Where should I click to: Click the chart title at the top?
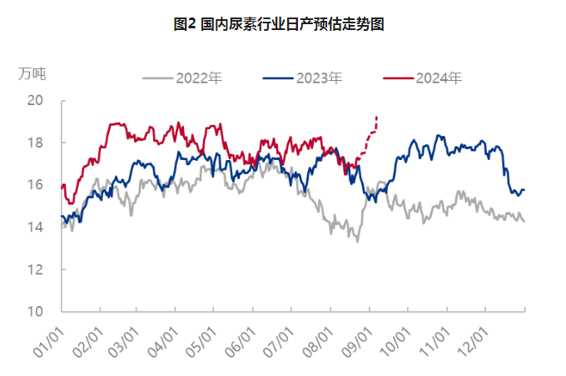(283, 25)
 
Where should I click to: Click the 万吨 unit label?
(32, 73)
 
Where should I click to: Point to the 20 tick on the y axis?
(35, 101)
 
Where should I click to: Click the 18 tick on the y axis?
(35, 143)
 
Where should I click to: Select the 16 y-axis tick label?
(35, 185)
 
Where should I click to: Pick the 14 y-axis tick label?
(35, 228)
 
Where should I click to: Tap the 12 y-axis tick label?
(35, 269)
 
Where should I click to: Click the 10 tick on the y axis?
(35, 312)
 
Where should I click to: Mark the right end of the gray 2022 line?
(524, 221)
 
